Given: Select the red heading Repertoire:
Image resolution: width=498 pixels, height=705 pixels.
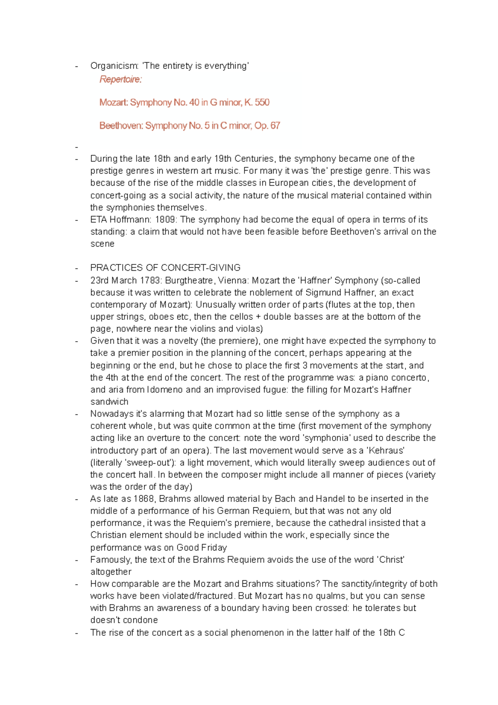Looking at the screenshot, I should pyautogui.click(x=120, y=79).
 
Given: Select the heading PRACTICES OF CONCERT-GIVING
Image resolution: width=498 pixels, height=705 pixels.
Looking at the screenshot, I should pyautogui.click(x=165, y=267).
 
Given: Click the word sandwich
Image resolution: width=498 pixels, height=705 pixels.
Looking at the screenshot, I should pyautogui.click(x=109, y=401).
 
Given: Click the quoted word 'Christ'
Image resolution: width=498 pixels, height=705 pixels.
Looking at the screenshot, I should pyautogui.click(x=390, y=559).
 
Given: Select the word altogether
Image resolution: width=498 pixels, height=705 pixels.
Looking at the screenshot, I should pyautogui.click(x=111, y=571).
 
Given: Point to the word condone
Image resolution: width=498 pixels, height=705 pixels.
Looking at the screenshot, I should pyautogui.click(x=141, y=620).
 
